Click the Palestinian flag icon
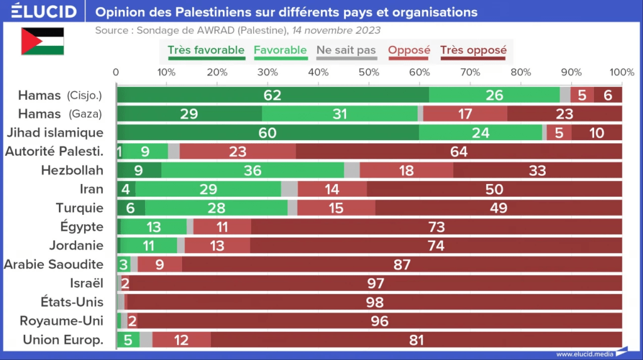pyautogui.click(x=43, y=41)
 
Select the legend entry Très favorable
pyautogui.click(x=206, y=51)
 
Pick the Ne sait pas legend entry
pyautogui.click(x=347, y=51)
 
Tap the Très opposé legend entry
pyautogui.click(x=473, y=51)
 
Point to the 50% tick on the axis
pyautogui.click(x=369, y=72)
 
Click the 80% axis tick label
pyautogui.click(x=521, y=72)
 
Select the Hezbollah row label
pyautogui.click(x=72, y=170)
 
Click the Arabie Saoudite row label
pyautogui.click(x=53, y=265)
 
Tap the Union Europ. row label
pyautogui.click(x=63, y=340)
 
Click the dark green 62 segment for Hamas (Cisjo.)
pyautogui.click(x=273, y=95)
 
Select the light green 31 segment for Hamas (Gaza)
pyautogui.click(x=340, y=114)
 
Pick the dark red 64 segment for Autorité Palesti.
pyautogui.click(x=458, y=151)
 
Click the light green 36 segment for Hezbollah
pyautogui.click(x=252, y=170)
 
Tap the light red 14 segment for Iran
pyautogui.click(x=332, y=189)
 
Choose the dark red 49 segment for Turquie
pyautogui.click(x=499, y=208)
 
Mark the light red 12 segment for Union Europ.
pyautogui.click(x=181, y=340)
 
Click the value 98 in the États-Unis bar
pyautogui.click(x=375, y=302)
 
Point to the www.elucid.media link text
pyautogui.click(x=585, y=354)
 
